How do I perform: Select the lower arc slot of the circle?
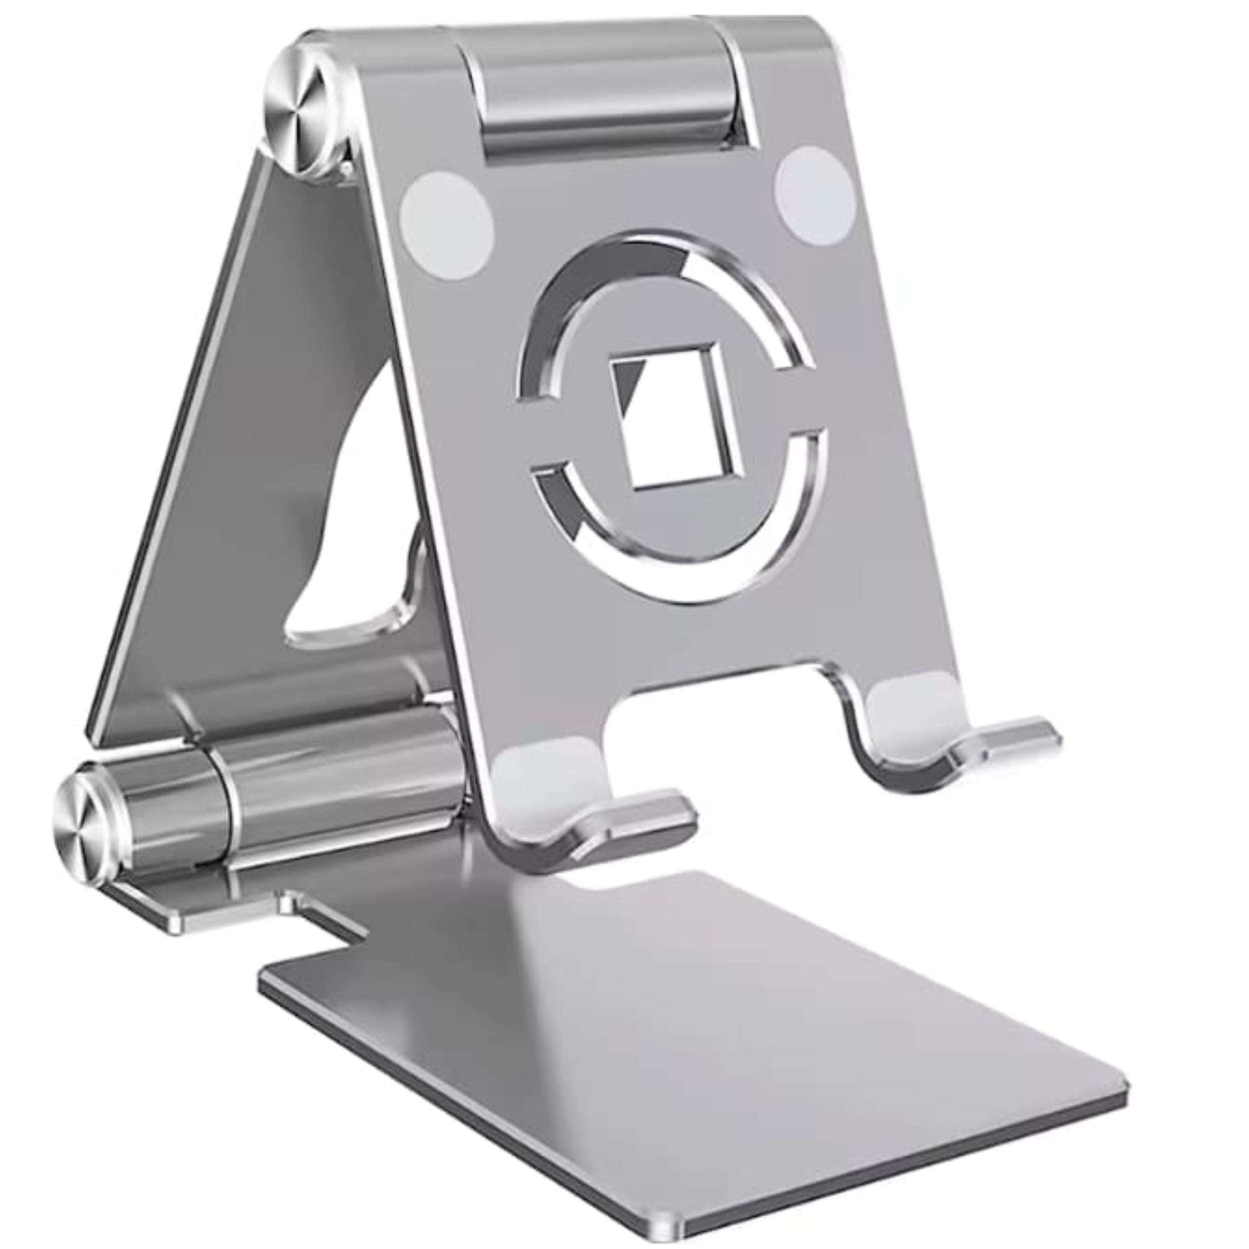pyautogui.click(x=679, y=569)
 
